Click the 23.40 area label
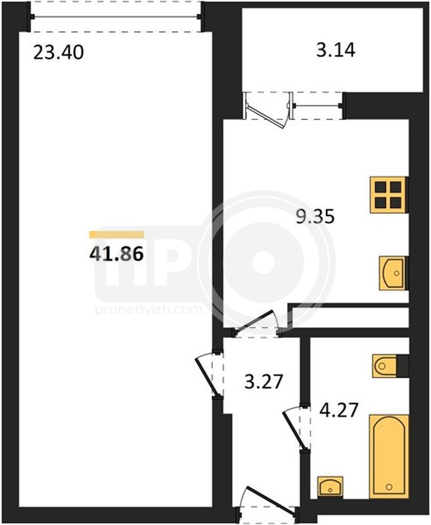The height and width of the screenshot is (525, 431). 58,52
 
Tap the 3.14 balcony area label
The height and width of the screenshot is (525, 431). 336,51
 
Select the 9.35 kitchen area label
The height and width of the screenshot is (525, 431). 315,217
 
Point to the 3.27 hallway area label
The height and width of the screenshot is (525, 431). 263,382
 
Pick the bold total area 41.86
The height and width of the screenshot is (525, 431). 116,253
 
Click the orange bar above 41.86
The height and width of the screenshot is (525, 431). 116,234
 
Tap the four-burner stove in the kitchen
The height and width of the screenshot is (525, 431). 388,195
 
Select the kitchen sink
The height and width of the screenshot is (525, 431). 392,273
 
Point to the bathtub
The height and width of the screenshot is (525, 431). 389,457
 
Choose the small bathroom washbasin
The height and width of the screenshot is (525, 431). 330,486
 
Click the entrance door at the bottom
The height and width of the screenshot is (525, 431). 268,506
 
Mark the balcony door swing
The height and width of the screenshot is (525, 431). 267,110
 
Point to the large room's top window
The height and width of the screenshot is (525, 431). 116,16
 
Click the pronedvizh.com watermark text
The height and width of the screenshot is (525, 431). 148,309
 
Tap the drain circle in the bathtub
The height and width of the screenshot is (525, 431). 389,486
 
